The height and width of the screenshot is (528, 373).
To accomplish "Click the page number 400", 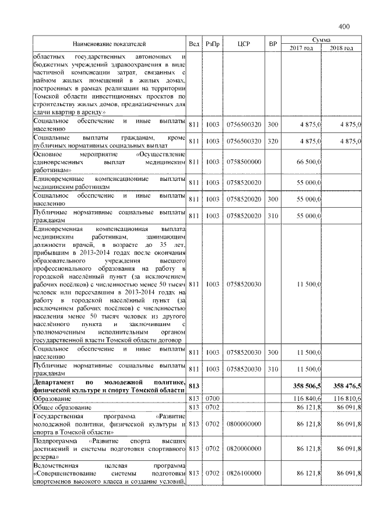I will [x=343, y=26].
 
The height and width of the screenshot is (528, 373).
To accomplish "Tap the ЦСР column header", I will [x=244, y=44].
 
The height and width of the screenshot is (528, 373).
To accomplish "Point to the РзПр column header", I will [x=213, y=44].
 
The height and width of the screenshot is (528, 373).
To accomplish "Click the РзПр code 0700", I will [x=212, y=397].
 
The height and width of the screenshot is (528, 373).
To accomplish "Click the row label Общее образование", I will [x=62, y=406].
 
